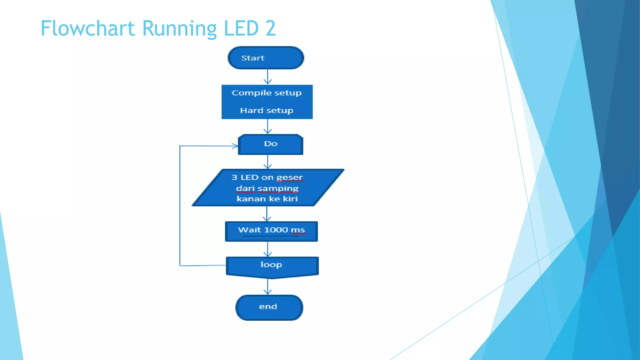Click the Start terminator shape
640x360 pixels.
[266, 58]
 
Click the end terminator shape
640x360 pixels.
[269, 307]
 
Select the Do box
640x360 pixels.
[270, 144]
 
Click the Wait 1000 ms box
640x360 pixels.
[271, 231]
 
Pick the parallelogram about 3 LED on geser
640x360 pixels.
[268, 187]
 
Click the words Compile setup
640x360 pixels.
[267, 93]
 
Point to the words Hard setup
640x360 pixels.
[267, 111]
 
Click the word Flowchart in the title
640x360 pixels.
[87, 28]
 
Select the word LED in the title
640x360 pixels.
[241, 28]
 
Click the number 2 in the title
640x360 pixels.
[271, 28]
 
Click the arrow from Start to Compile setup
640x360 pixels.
[267, 77]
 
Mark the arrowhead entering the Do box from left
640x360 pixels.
[234, 146]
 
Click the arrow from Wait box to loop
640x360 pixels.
[267, 249]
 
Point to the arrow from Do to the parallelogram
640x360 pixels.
[267, 162]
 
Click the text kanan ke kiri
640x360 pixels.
[267, 199]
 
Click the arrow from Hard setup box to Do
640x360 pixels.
[267, 127]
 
